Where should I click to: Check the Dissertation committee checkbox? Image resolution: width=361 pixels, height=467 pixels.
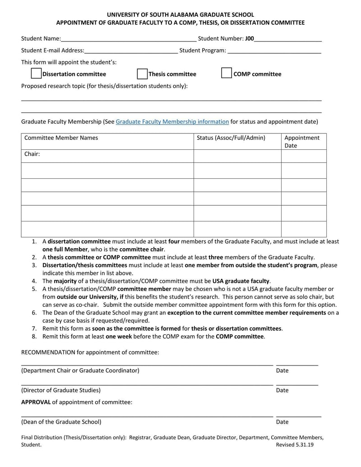coord(36,74)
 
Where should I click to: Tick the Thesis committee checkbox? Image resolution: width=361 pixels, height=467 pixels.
coord(142,74)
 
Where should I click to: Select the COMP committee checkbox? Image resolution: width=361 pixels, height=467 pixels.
coord(227,74)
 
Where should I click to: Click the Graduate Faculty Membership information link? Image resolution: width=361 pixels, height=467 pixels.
coord(172,121)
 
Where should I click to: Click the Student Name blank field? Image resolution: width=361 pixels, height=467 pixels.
coord(129,39)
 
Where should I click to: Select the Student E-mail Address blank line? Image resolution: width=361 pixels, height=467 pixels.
coord(131,51)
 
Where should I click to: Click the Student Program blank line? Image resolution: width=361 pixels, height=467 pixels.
coord(274,51)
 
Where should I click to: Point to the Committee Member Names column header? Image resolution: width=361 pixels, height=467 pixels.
coord(61,138)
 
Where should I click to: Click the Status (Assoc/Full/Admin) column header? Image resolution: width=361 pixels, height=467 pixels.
coord(231,138)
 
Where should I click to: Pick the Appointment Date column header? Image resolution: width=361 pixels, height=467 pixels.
coord(301,141)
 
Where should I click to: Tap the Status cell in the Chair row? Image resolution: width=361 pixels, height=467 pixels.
coord(237,156)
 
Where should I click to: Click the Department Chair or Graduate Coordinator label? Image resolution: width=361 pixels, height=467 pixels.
coord(80,370)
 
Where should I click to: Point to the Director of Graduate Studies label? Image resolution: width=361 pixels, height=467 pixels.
coord(61,390)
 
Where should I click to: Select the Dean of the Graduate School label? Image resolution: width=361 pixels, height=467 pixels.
coord(61,422)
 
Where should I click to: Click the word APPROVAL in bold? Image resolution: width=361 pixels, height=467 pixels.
coord(36,402)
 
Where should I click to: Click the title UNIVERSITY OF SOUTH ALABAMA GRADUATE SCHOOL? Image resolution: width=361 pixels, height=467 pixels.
coord(180,15)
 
